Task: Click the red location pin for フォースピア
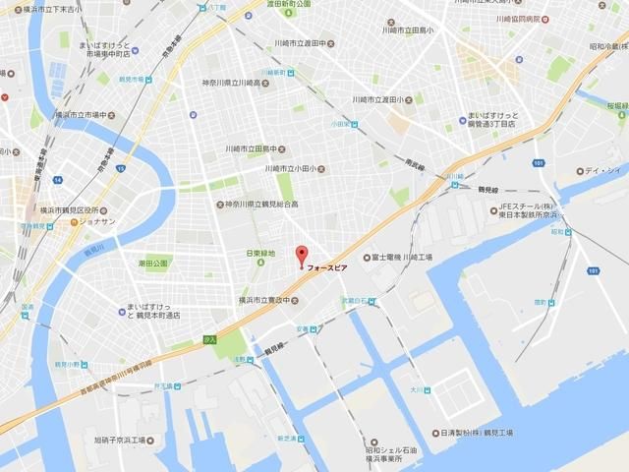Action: point(302,254)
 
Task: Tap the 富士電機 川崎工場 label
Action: point(406,258)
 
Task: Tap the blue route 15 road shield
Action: point(121,170)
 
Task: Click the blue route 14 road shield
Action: point(58,181)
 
